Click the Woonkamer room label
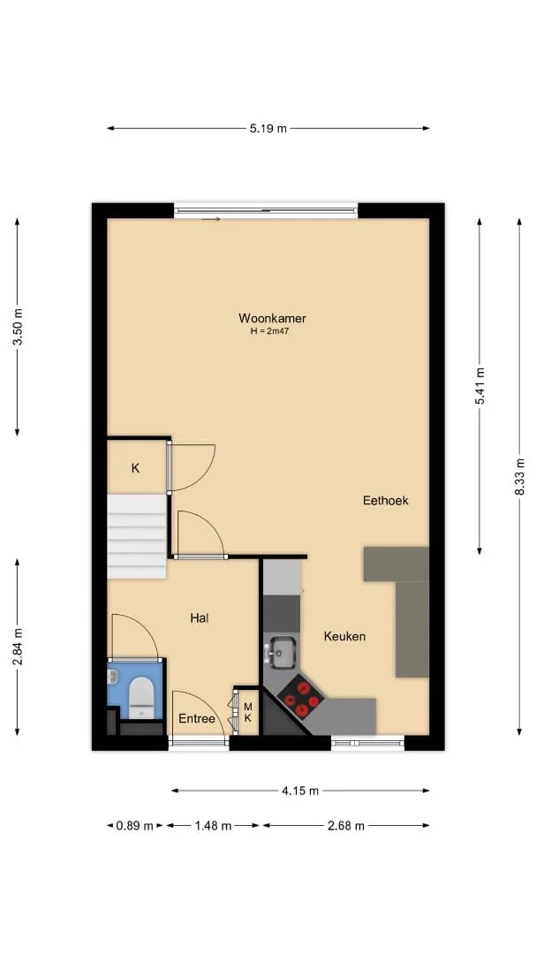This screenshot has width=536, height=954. point(272,318)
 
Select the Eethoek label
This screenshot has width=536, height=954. point(385,501)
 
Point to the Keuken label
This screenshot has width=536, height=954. point(344,636)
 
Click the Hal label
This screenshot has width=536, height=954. point(200,618)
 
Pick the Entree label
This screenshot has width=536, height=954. point(197,718)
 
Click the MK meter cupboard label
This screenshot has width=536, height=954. point(247,712)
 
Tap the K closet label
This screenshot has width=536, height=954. point(136,468)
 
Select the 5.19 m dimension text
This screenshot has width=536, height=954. point(268,128)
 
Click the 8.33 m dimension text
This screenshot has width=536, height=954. point(519,476)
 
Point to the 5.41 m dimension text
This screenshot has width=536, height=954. point(480,386)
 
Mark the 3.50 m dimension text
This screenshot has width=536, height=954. point(18,327)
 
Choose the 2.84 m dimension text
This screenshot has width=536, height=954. point(18,646)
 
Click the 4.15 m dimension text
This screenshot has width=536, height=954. point(300,791)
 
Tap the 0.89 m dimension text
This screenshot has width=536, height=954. point(134,826)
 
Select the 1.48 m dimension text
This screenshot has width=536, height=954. point(212,826)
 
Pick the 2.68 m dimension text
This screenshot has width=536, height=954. point(345,826)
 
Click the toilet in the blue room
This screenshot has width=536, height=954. point(140,697)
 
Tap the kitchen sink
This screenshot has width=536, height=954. point(280,652)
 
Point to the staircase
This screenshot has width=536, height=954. point(137,536)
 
